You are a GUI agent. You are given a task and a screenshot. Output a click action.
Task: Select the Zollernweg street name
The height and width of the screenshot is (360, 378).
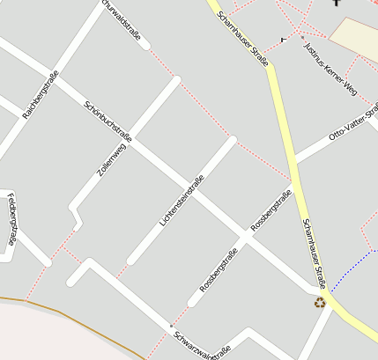click(x=112, y=161)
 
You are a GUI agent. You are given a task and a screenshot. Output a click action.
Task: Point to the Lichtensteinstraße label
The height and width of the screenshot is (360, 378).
click(x=182, y=202)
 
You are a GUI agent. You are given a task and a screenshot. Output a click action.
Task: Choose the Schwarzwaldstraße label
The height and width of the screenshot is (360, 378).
click(x=202, y=344)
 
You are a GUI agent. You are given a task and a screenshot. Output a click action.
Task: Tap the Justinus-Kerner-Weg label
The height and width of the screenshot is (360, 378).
click(x=329, y=67)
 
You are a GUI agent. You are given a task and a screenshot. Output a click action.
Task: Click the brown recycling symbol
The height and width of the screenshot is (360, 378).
click(x=320, y=302)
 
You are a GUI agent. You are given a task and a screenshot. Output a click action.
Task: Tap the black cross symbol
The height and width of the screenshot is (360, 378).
click(x=336, y=4)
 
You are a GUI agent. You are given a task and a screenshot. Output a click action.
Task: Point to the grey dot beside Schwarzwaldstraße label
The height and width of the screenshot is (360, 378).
click(x=171, y=327)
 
